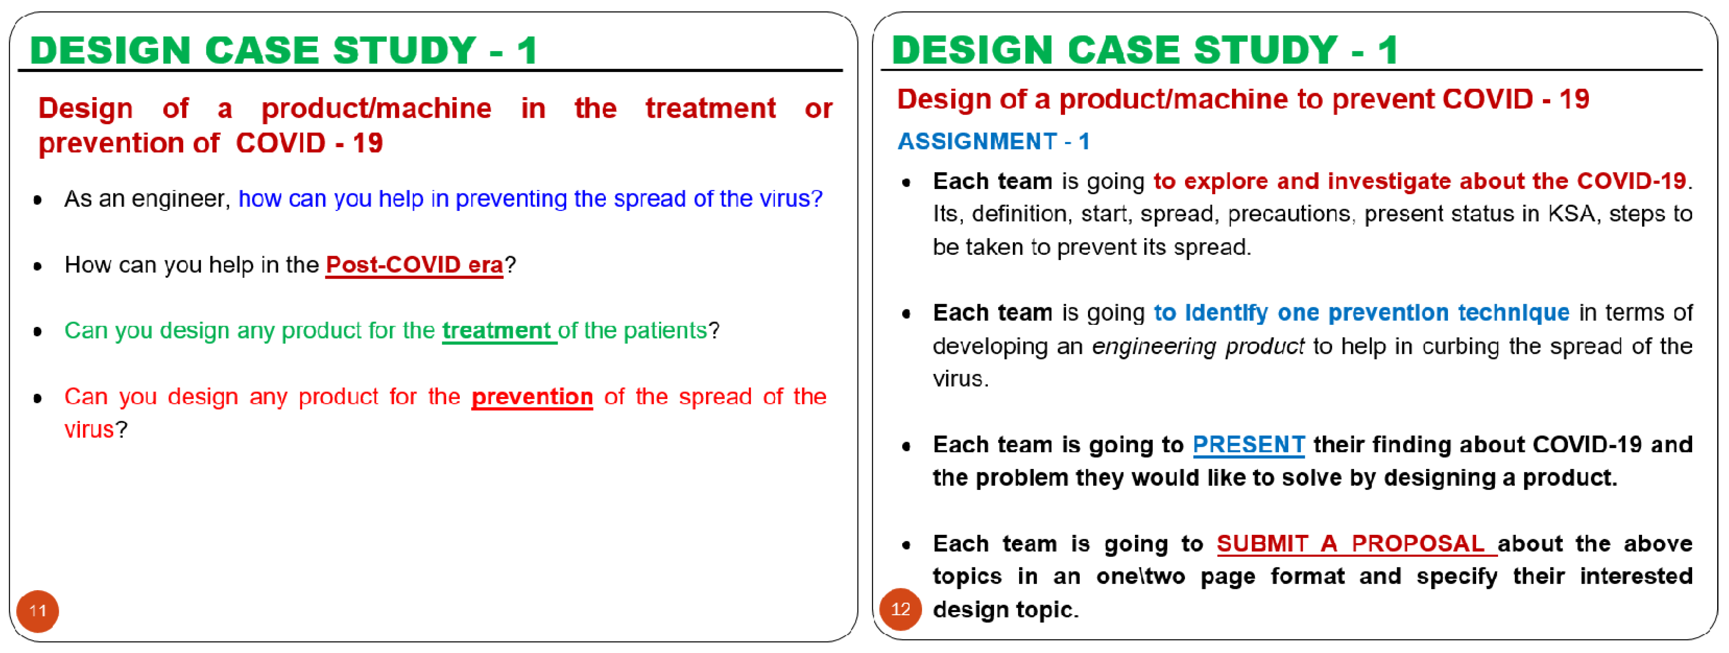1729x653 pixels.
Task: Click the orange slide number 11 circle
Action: coord(38,611)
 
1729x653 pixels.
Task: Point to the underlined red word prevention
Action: coord(532,397)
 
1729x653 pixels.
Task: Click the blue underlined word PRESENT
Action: coord(1248,445)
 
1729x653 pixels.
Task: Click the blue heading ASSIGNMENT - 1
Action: coord(994,141)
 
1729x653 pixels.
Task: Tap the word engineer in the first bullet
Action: coord(177,200)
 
